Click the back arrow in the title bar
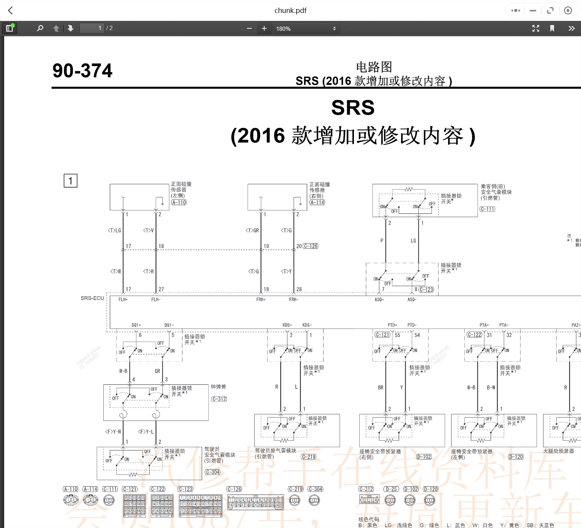tap(11, 11)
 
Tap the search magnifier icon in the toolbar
tap(40, 28)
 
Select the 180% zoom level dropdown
tap(306, 28)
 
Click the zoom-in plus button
tap(264, 28)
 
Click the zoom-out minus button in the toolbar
tap(249, 28)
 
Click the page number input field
tap(92, 28)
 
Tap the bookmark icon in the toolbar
tap(552, 28)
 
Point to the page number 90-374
tap(82, 71)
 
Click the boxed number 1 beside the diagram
tap(70, 181)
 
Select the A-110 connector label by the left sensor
tap(179, 202)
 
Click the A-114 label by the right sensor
tap(317, 202)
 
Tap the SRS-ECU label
tap(92, 298)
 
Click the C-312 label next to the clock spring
tap(219, 399)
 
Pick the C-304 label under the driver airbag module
tap(213, 472)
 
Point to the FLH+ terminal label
tap(123, 300)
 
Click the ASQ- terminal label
tap(412, 300)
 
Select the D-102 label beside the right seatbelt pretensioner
tap(424, 457)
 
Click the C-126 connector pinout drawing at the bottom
tap(256, 502)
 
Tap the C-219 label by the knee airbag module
tap(309, 457)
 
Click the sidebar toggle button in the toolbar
tap(9, 28)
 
